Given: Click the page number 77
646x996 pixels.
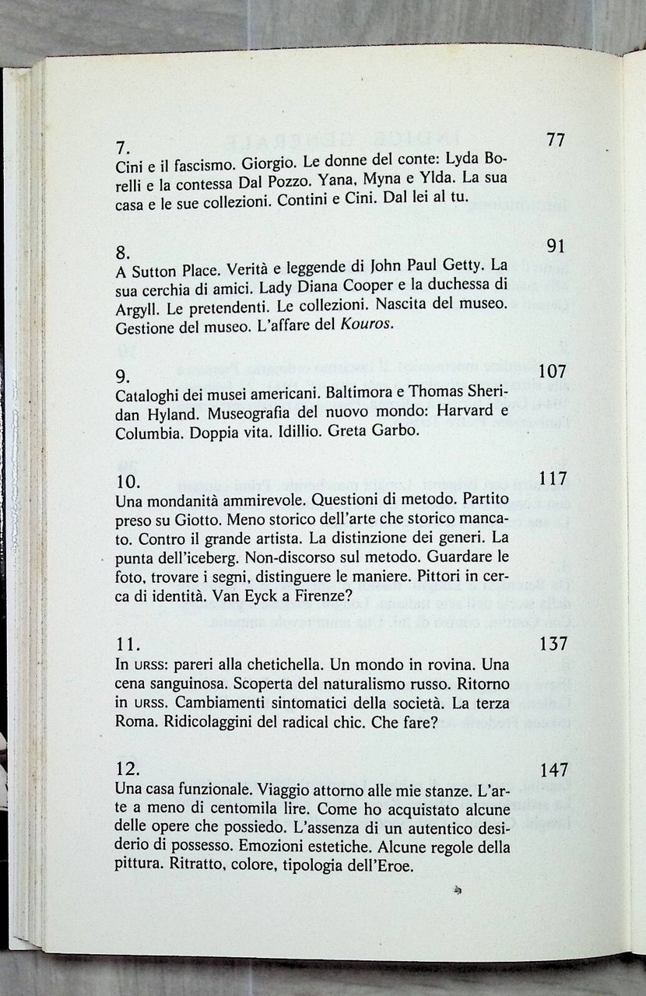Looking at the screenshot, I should pos(556,140).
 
